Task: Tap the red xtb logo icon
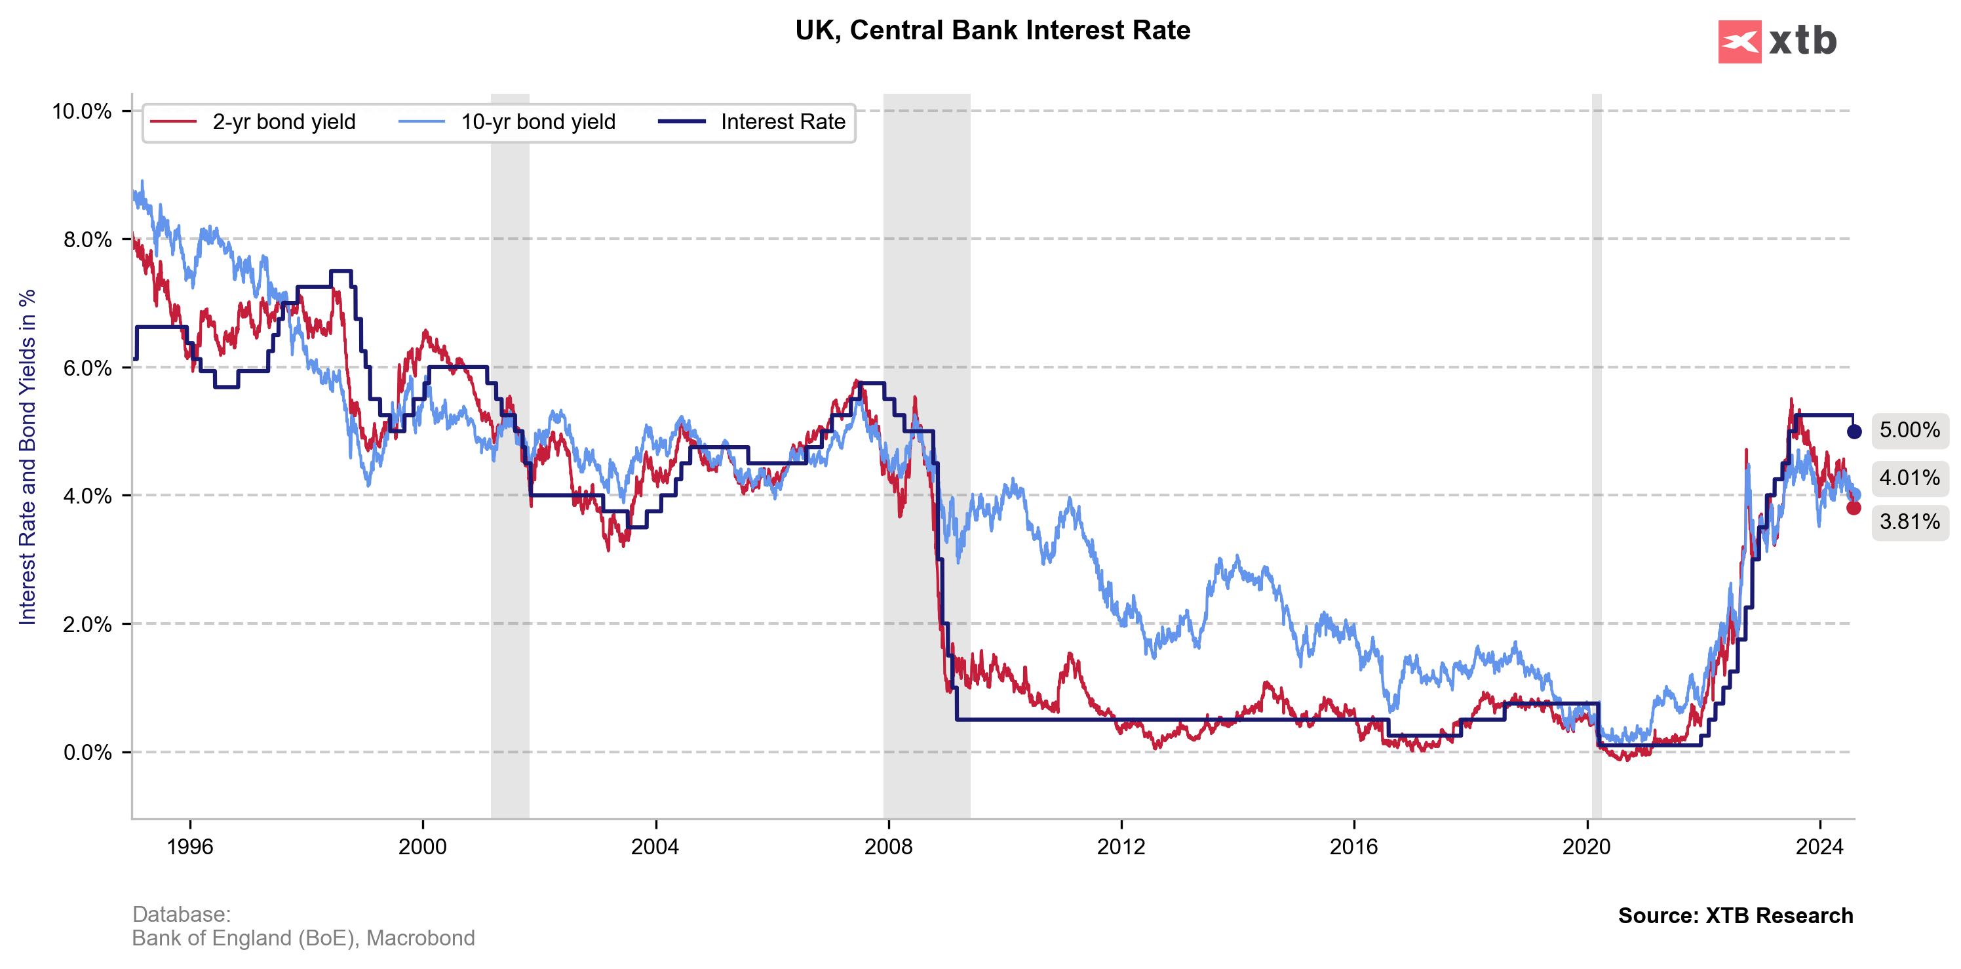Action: (x=1739, y=41)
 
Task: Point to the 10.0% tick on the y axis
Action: (x=81, y=112)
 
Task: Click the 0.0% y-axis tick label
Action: (x=87, y=753)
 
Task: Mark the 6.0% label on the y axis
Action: (x=87, y=368)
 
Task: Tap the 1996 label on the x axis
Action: (x=189, y=847)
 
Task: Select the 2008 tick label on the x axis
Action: (x=887, y=847)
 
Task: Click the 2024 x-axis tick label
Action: (x=1819, y=847)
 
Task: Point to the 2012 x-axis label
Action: (x=1121, y=847)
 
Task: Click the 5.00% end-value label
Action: (x=1909, y=430)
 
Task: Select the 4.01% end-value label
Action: (x=1909, y=478)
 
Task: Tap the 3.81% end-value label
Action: (x=1909, y=522)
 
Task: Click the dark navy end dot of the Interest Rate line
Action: (x=1854, y=431)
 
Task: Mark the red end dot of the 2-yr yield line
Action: (x=1854, y=507)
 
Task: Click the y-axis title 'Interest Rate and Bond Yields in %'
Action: (x=28, y=457)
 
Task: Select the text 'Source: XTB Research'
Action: (x=1735, y=916)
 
